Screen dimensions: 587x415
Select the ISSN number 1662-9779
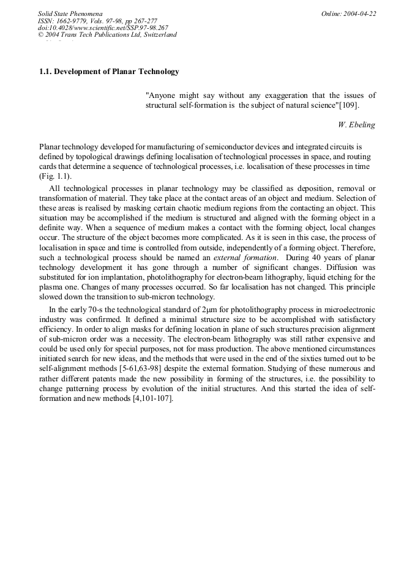[77, 21]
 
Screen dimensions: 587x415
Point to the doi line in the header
[103, 28]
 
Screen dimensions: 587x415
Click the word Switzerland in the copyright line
[156, 35]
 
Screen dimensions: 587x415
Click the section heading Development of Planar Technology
[117, 72]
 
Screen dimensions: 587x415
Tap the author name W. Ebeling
[356, 125]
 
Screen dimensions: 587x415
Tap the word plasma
[51, 287]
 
